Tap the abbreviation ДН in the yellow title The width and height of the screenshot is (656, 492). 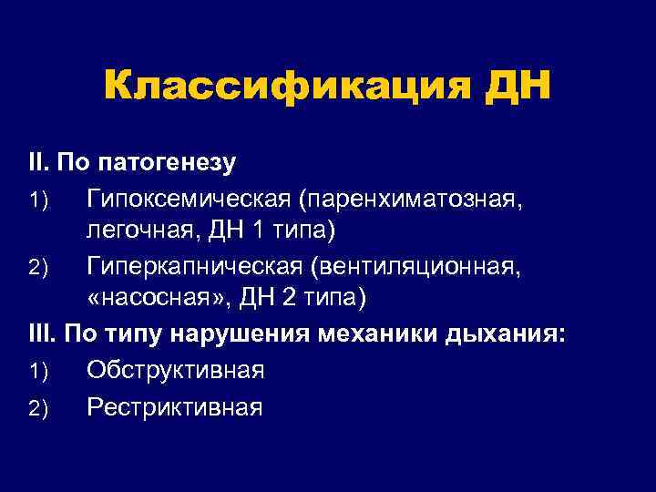pyautogui.click(x=519, y=87)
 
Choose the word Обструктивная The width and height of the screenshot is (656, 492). pyautogui.click(x=176, y=372)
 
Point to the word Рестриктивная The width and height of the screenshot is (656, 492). pyautogui.click(x=175, y=406)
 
